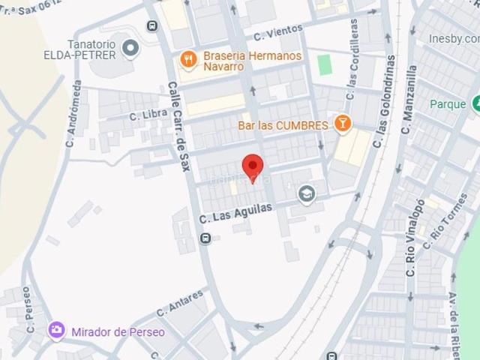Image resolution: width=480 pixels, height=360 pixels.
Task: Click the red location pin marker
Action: coord(253,166)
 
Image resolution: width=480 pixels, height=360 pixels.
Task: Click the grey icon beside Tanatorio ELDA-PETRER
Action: coord(131,49)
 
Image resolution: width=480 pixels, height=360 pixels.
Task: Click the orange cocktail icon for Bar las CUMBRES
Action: coord(342,124)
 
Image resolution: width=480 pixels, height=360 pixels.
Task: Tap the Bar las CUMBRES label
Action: coord(283,125)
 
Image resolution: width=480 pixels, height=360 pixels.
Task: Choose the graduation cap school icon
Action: coord(306,194)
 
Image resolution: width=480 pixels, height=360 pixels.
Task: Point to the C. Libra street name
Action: coord(148,115)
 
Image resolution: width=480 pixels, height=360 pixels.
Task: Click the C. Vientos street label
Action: coord(277,32)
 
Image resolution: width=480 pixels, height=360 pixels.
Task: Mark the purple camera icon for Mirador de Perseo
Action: coord(55,330)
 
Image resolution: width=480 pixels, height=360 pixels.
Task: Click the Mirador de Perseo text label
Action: coord(118,331)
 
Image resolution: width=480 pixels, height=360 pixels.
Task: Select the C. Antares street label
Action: coord(180,304)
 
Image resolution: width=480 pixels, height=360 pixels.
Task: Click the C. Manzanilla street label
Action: coord(408,99)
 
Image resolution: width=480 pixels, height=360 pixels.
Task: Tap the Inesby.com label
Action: coord(454,38)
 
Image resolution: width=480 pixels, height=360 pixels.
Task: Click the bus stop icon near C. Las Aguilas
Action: coord(205,238)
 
